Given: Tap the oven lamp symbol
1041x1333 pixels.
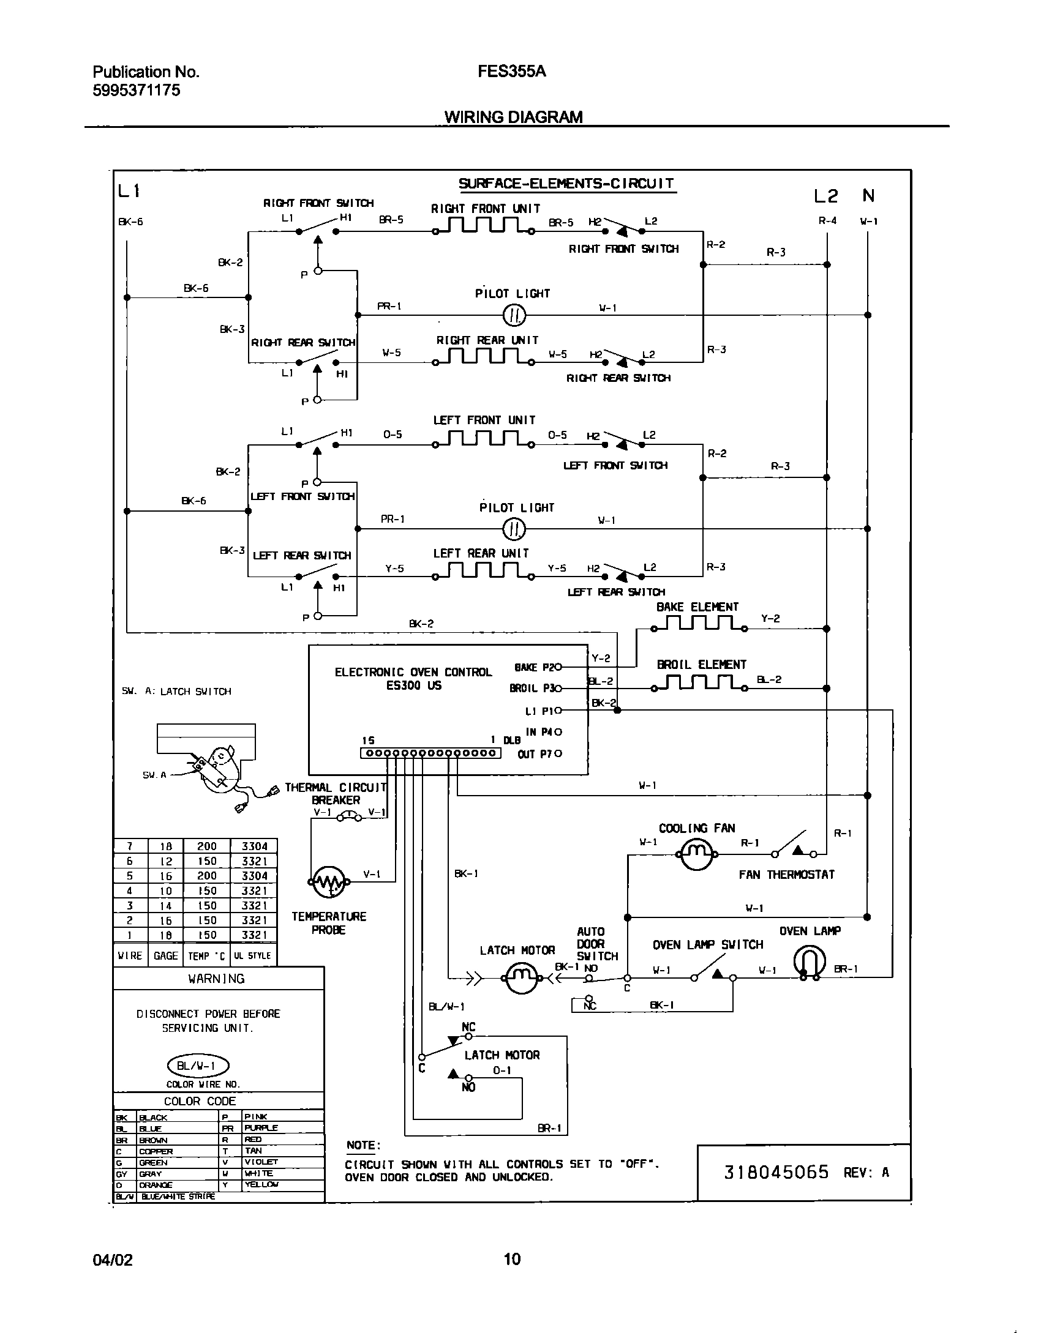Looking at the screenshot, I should [x=810, y=962].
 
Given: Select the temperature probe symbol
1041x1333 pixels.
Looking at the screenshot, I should [x=329, y=882].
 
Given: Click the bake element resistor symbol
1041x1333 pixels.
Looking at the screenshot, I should [x=699, y=624].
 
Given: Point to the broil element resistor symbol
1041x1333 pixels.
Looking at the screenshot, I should [x=699, y=684].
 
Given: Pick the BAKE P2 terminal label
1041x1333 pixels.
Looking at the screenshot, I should [x=534, y=668].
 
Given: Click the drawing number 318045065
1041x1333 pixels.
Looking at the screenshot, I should [x=776, y=1172].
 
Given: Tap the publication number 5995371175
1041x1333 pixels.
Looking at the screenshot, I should [x=137, y=91].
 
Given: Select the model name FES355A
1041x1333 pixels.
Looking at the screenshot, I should [x=511, y=72].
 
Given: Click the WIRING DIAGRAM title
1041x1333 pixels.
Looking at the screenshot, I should [x=513, y=117].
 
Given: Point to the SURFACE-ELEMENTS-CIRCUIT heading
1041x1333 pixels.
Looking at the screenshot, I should [x=566, y=184].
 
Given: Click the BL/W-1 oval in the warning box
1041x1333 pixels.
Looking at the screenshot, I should [x=197, y=1066].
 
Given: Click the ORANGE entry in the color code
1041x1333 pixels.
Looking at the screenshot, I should [x=156, y=1185].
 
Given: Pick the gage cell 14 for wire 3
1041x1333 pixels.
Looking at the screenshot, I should [x=165, y=906].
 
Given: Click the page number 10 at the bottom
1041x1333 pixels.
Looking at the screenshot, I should [x=512, y=1259].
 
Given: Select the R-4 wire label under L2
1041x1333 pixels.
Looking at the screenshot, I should [x=827, y=221].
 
